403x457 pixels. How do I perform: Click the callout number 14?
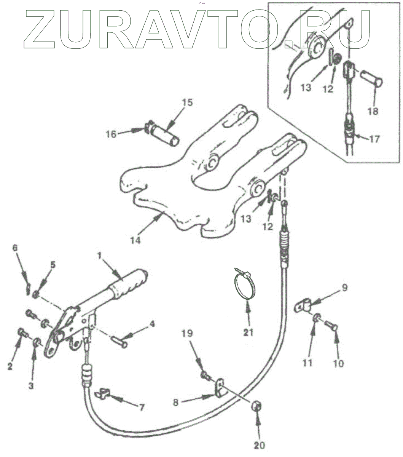(135, 241)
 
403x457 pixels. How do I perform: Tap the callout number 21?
(248, 332)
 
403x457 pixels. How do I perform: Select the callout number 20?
(260, 445)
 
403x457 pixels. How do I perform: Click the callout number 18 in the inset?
(373, 111)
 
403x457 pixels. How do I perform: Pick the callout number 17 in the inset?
(374, 140)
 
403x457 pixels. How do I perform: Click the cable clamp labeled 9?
(305, 305)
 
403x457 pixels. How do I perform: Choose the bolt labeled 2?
(22, 333)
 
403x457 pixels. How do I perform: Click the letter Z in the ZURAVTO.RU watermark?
(43, 29)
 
